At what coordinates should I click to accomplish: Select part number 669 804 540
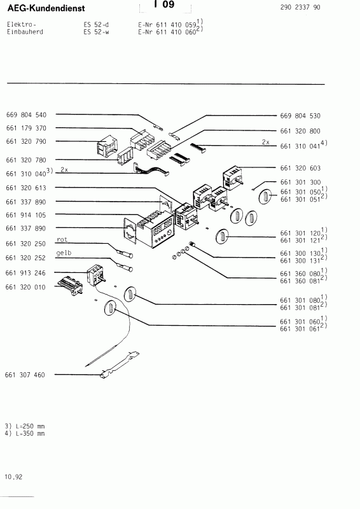point(26,115)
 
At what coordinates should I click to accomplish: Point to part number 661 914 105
point(26,215)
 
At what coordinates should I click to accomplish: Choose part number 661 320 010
point(26,288)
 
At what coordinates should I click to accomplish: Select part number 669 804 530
point(300,115)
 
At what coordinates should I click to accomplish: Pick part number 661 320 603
point(300,168)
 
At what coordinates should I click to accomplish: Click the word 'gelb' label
point(64,253)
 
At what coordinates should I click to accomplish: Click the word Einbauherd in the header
point(22,31)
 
